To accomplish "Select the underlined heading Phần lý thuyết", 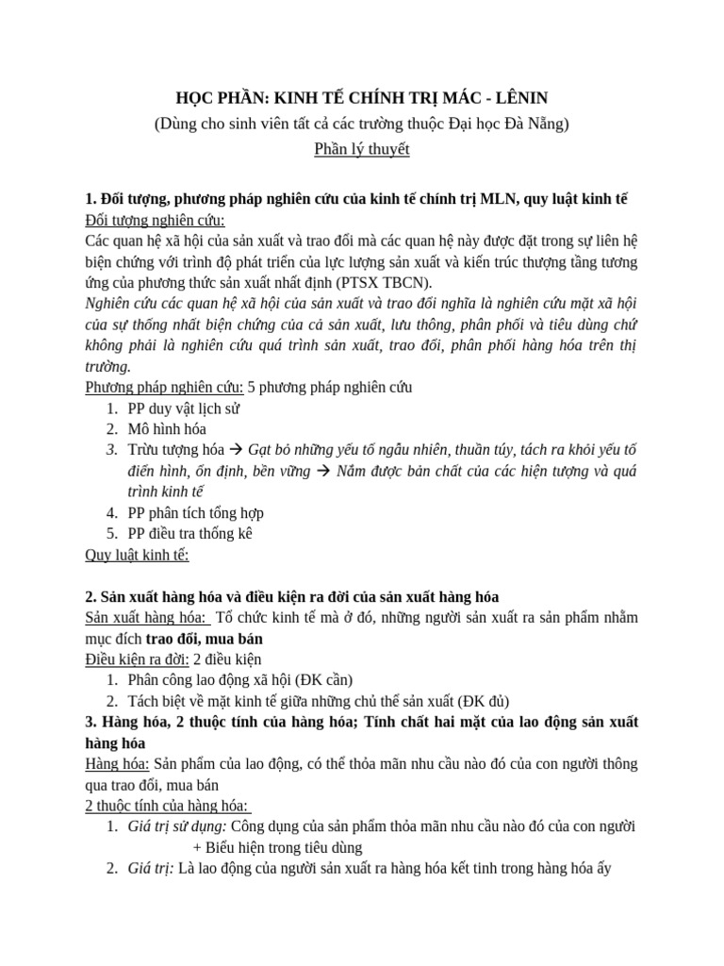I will click(362, 148).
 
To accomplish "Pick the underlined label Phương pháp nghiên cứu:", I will click(164, 387).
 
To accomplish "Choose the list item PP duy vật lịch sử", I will click(187, 408).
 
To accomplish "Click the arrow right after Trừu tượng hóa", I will click(236, 450).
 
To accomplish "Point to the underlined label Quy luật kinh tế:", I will click(137, 554).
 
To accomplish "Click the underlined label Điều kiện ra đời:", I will click(137, 658).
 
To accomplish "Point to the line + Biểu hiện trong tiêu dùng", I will click(296, 846).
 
